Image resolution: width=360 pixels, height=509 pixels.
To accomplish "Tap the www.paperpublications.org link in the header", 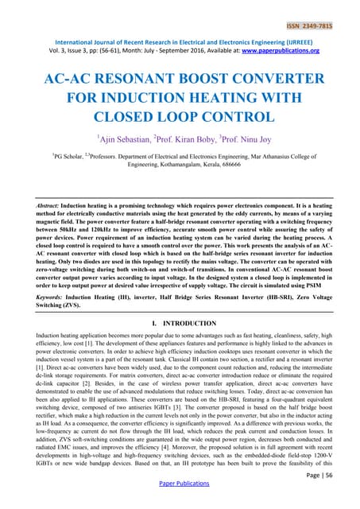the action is pyautogui.click(x=281, y=50).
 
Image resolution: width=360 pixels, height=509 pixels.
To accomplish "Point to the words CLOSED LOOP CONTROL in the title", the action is pyautogui.click(x=180, y=117).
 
